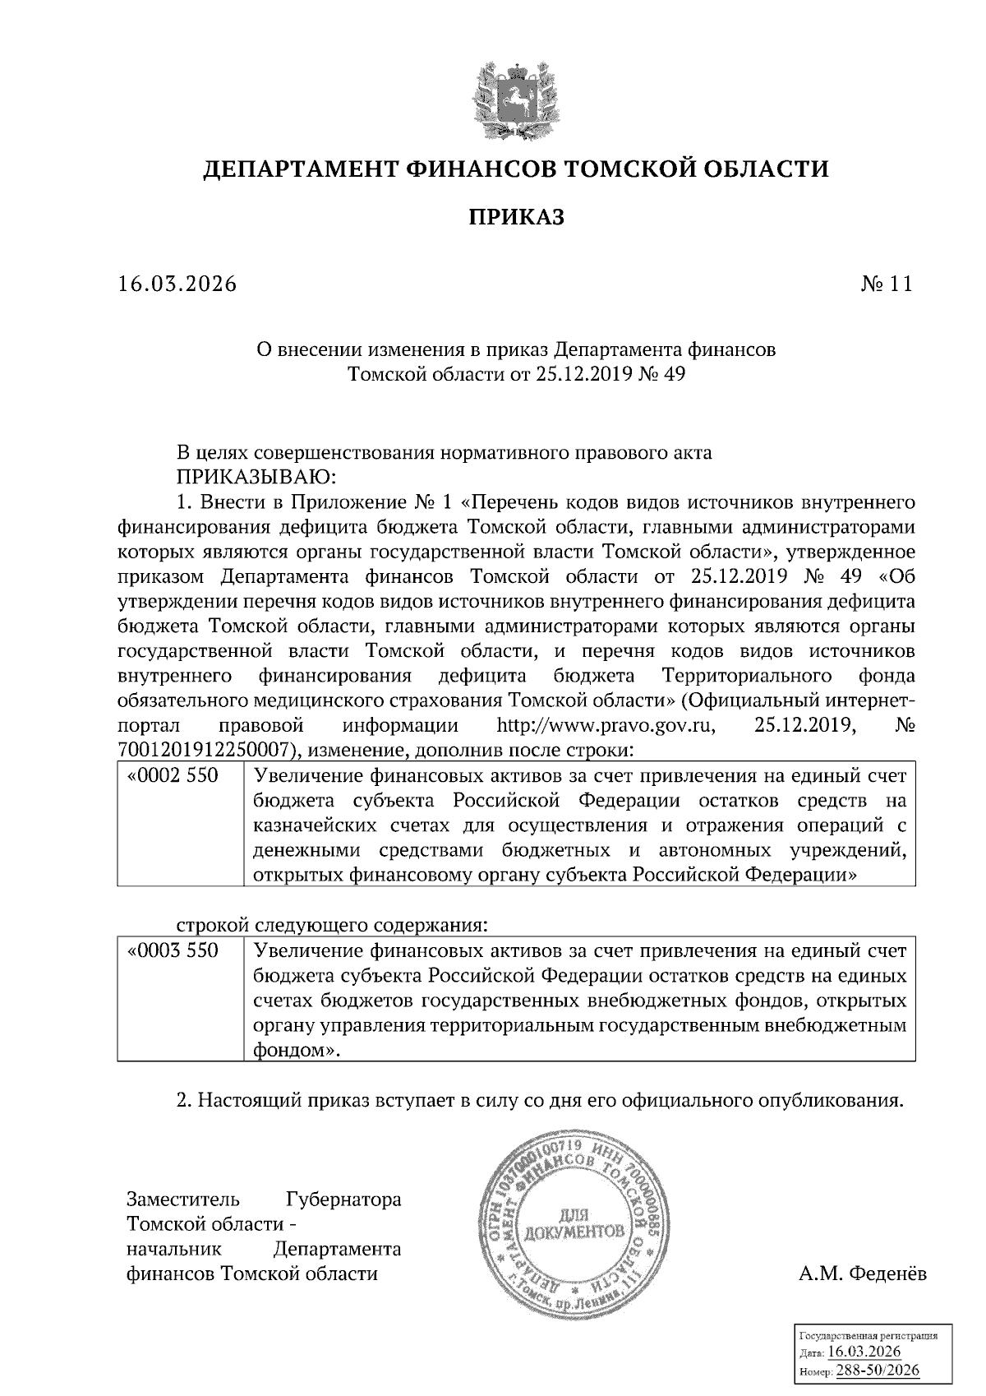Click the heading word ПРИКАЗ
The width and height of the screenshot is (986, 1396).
coord(516,217)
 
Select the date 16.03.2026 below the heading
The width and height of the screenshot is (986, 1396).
coord(177,284)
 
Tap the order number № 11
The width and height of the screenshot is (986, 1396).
coord(886,284)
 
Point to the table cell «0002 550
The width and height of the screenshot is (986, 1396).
coord(173,776)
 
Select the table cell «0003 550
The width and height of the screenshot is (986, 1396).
coord(173,951)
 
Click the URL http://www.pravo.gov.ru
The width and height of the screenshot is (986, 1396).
coord(606,726)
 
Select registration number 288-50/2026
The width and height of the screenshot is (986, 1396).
coord(878,1371)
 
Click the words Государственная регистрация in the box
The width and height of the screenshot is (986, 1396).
coord(869,1337)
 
